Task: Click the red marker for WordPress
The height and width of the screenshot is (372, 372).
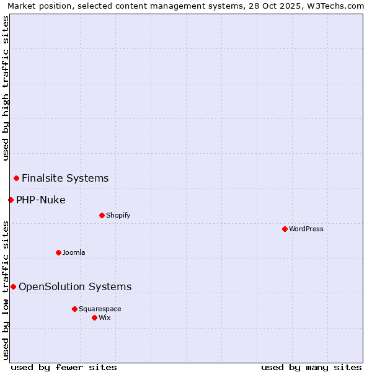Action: (285, 229)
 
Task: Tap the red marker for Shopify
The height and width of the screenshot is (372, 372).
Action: (102, 215)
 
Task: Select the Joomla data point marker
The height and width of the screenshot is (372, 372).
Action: (58, 252)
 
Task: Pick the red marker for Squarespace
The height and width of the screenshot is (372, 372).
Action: (74, 309)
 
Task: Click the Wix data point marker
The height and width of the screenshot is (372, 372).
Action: (94, 317)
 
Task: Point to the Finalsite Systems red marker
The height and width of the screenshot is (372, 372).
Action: (16, 179)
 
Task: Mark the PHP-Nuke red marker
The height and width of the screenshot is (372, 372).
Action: (11, 200)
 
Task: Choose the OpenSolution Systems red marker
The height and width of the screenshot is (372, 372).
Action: (13, 286)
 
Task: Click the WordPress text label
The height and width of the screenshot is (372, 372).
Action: (306, 229)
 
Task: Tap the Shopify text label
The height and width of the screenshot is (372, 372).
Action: (118, 215)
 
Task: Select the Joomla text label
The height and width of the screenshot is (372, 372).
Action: (74, 252)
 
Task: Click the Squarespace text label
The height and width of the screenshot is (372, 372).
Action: (100, 309)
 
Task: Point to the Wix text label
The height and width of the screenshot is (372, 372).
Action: (105, 317)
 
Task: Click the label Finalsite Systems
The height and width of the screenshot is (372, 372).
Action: (65, 179)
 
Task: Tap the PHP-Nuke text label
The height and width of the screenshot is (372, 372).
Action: (41, 200)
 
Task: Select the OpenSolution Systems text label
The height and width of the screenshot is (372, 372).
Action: (75, 286)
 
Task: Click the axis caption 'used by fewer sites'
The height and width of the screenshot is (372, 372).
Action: (64, 367)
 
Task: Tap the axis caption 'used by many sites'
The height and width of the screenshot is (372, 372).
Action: (311, 367)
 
